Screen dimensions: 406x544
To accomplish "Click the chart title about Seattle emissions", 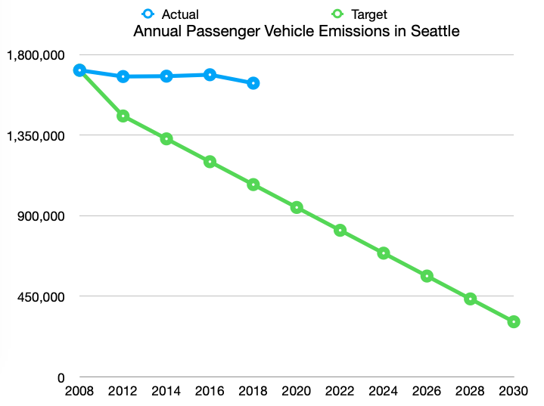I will click(x=297, y=32).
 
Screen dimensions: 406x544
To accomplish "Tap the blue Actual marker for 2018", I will click(x=253, y=83).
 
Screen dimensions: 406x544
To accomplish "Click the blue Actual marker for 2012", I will click(x=123, y=76).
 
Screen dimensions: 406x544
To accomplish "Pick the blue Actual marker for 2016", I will click(x=210, y=75).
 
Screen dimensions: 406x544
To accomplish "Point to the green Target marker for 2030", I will click(x=514, y=322).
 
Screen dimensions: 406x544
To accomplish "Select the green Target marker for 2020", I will click(x=297, y=208).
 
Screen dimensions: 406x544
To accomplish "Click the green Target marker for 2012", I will click(x=123, y=116).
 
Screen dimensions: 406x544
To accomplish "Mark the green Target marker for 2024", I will click(x=384, y=253).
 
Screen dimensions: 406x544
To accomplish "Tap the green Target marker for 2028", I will click(x=471, y=299).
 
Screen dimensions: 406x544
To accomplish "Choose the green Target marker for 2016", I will click(x=210, y=162).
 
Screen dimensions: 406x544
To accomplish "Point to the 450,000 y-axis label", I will click(x=40, y=296).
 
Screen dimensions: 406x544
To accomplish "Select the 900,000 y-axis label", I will click(x=40, y=216).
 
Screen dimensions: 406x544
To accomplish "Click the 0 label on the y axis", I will click(x=63, y=377).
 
